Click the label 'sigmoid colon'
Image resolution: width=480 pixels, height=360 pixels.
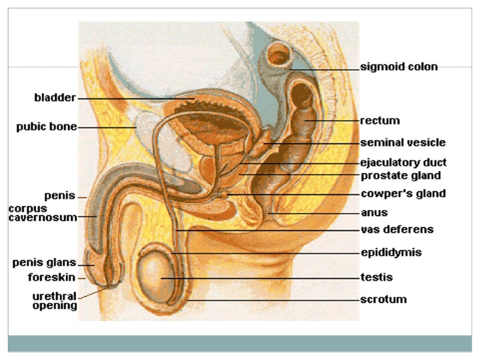pyautogui.click(x=398, y=67)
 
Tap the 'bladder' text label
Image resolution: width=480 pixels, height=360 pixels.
pyautogui.click(x=55, y=98)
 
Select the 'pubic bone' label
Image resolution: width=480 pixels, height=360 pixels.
pyautogui.click(x=47, y=127)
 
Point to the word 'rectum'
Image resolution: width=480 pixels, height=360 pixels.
pyautogui.click(x=380, y=121)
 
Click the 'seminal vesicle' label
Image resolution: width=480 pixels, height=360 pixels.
pyautogui.click(x=403, y=143)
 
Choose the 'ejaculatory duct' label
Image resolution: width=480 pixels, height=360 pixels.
pyautogui.click(x=403, y=163)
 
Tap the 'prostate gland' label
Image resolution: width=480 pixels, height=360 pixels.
pyautogui.click(x=401, y=176)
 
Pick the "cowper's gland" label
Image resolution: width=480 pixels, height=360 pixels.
pyautogui.click(x=403, y=194)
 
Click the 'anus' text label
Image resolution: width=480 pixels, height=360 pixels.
pyautogui.click(x=374, y=212)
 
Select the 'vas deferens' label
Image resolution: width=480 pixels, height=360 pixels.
pyautogui.click(x=397, y=230)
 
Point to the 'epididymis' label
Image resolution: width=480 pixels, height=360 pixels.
pyautogui.click(x=391, y=253)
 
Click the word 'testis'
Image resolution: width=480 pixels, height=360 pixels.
pyautogui.click(x=376, y=277)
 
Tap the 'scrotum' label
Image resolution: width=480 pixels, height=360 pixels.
pyautogui.click(x=383, y=299)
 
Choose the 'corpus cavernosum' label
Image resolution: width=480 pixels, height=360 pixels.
pyautogui.click(x=42, y=213)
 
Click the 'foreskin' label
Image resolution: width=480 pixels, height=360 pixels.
pyautogui.click(x=52, y=277)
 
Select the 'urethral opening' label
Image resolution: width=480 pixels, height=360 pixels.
pyautogui.click(x=55, y=301)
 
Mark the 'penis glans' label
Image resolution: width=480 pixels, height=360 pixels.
pyautogui.click(x=44, y=262)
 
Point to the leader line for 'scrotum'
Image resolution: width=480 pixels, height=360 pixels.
pyautogui.click(x=270, y=299)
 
